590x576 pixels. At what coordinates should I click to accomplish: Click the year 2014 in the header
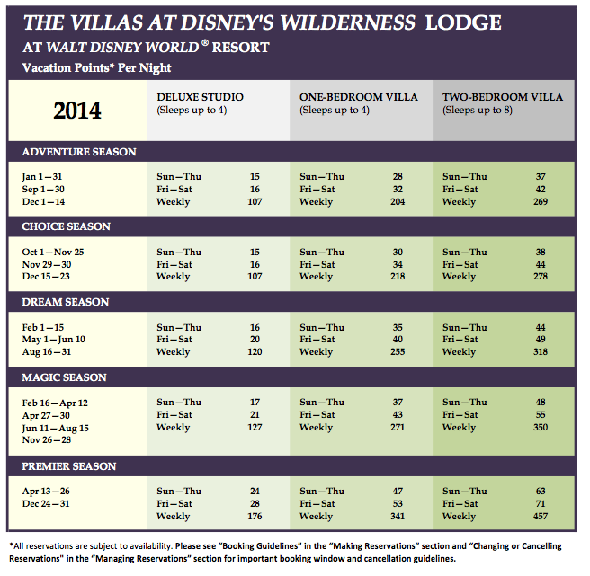[77, 111]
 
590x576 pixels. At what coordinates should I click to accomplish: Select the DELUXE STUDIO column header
[200, 97]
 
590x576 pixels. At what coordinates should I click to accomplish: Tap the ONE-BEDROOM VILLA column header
[359, 97]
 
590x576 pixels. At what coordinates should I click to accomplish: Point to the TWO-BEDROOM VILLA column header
[503, 97]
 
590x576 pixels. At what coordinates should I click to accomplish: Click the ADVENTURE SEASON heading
[79, 152]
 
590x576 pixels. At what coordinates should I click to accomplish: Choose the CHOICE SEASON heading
[67, 226]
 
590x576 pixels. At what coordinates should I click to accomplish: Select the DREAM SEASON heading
[66, 302]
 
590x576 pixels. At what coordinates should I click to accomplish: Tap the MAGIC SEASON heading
[65, 377]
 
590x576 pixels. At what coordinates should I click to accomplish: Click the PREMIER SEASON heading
[69, 466]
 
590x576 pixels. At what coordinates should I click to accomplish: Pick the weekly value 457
[541, 516]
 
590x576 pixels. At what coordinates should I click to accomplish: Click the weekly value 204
[398, 202]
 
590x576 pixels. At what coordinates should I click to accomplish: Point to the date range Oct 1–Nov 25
[53, 252]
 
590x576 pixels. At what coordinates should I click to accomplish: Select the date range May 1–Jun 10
[53, 340]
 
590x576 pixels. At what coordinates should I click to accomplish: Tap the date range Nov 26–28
[47, 440]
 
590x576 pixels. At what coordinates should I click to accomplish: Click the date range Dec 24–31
[46, 504]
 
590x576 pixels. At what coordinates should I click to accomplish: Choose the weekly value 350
[541, 428]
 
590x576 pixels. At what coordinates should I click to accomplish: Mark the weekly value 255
[398, 352]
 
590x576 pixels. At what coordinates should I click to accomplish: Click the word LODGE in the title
[463, 22]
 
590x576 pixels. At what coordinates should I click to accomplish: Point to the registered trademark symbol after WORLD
[205, 42]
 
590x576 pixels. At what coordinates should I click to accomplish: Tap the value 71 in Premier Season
[541, 504]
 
